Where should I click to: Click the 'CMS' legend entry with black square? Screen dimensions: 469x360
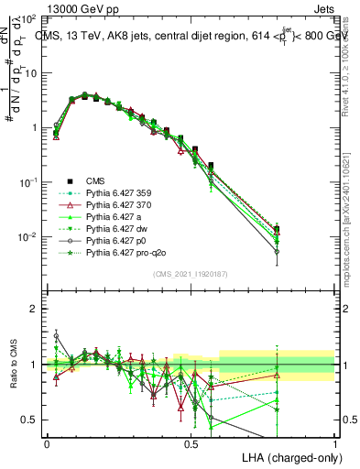(x=95, y=180)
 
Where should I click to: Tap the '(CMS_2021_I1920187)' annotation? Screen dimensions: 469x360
(x=191, y=274)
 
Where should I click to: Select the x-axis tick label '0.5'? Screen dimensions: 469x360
(x=191, y=443)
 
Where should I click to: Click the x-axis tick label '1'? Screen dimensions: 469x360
(x=334, y=443)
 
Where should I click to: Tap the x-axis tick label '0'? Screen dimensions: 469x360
(x=47, y=443)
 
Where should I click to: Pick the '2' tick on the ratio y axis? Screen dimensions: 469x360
(x=35, y=309)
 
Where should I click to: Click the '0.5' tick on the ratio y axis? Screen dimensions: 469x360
(x=30, y=420)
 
